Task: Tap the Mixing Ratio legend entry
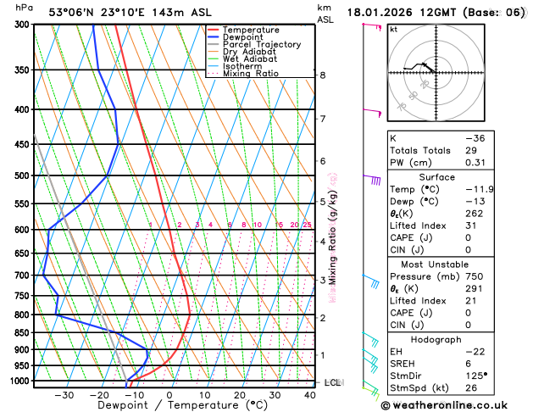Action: [x=250, y=74]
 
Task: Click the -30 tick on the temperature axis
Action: [x=64, y=395]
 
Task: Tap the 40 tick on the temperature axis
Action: [x=311, y=395]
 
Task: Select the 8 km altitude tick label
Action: [x=322, y=75]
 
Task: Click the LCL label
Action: [x=333, y=383]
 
